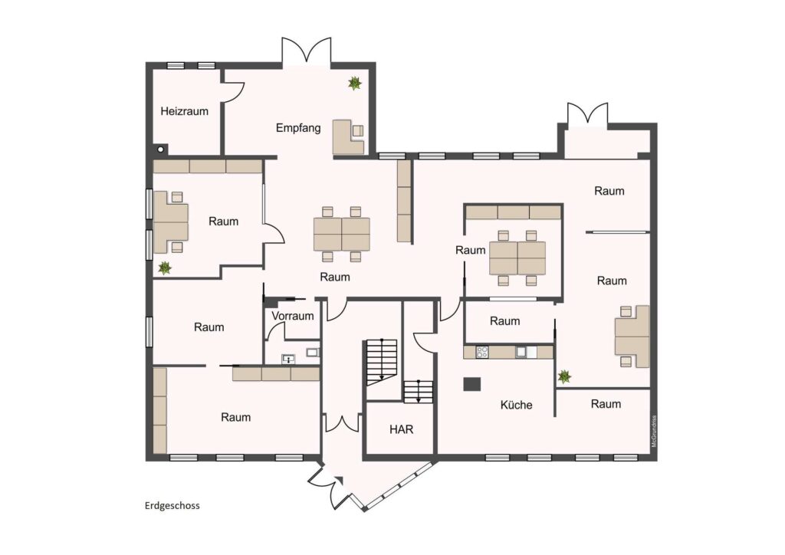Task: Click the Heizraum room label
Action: coord(184,111)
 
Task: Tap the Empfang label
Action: coord(298,128)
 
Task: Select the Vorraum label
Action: coord(293,316)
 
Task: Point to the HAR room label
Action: coord(402,429)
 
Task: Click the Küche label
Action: coord(516,404)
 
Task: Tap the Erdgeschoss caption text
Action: coord(172,505)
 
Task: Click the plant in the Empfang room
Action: coord(354,83)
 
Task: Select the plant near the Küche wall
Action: coord(565,376)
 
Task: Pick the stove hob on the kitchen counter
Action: coord(481,352)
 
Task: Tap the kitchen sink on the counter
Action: coord(521,352)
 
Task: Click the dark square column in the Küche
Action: coord(471,384)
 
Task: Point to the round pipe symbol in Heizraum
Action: coord(160,149)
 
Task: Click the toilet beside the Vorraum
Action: coord(313,353)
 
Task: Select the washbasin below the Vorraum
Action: coord(288,359)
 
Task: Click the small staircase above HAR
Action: coord(418,392)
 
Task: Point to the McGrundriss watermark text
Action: coord(654,432)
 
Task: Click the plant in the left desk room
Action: coord(165,268)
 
